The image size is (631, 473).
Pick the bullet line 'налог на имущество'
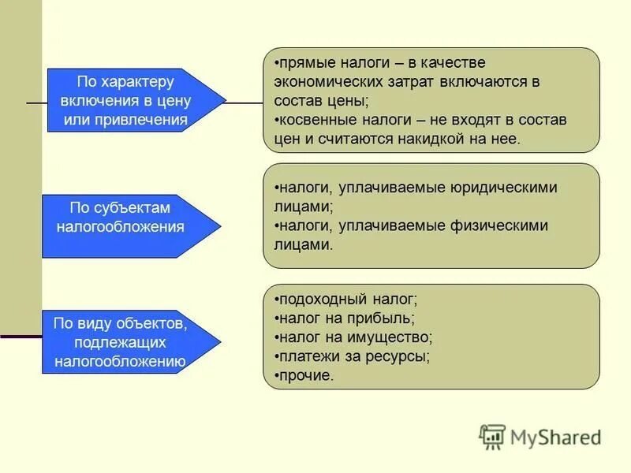[354, 337]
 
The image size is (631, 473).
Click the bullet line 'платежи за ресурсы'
[353, 356]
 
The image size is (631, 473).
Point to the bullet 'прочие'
[305, 375]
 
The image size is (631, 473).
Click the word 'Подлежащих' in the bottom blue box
[121, 343]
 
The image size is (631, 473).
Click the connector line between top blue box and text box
[245, 102]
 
